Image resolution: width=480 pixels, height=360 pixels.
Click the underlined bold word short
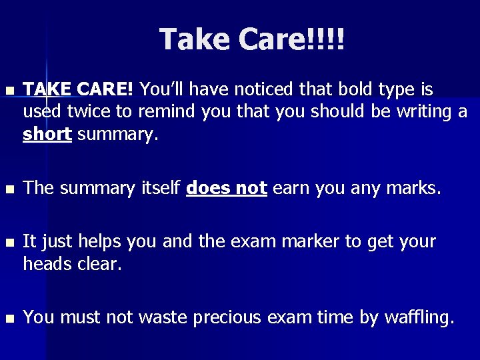tap(47, 134)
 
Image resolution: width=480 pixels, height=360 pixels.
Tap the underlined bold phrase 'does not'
tap(227, 189)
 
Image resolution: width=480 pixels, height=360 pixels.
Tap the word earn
tap(291, 189)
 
